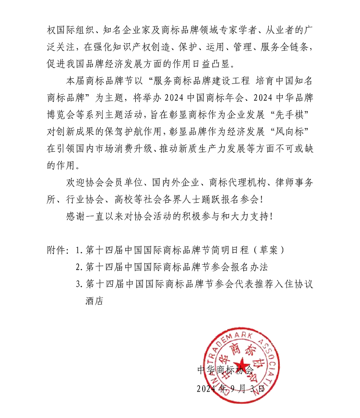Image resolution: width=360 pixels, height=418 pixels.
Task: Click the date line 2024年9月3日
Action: pos(230,389)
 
